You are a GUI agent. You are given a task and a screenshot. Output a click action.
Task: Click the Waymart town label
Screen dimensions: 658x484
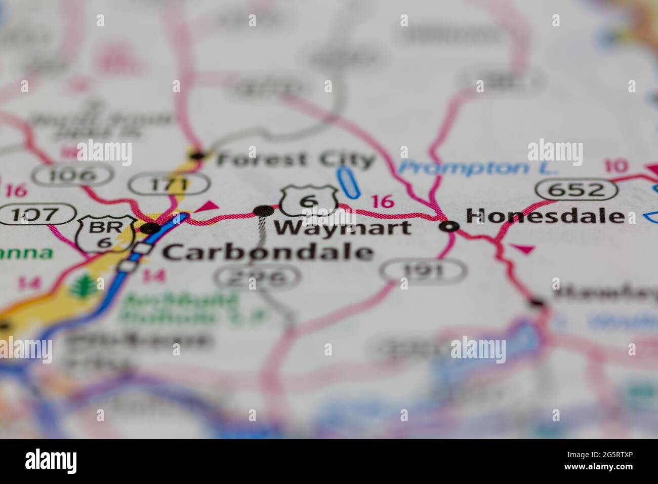[x=343, y=228]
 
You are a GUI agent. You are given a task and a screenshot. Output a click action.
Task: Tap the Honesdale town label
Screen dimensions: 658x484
[x=545, y=216]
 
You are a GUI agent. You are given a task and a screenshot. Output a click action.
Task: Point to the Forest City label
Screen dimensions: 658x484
[x=296, y=160]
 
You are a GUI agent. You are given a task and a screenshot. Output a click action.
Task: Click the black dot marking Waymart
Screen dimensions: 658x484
[x=263, y=211]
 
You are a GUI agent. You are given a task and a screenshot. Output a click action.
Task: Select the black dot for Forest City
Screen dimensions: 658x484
[x=197, y=155]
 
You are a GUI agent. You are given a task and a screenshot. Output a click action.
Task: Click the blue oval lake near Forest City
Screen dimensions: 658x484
[x=347, y=182]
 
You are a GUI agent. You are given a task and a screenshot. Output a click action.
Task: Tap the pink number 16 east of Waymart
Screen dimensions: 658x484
[x=382, y=201]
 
